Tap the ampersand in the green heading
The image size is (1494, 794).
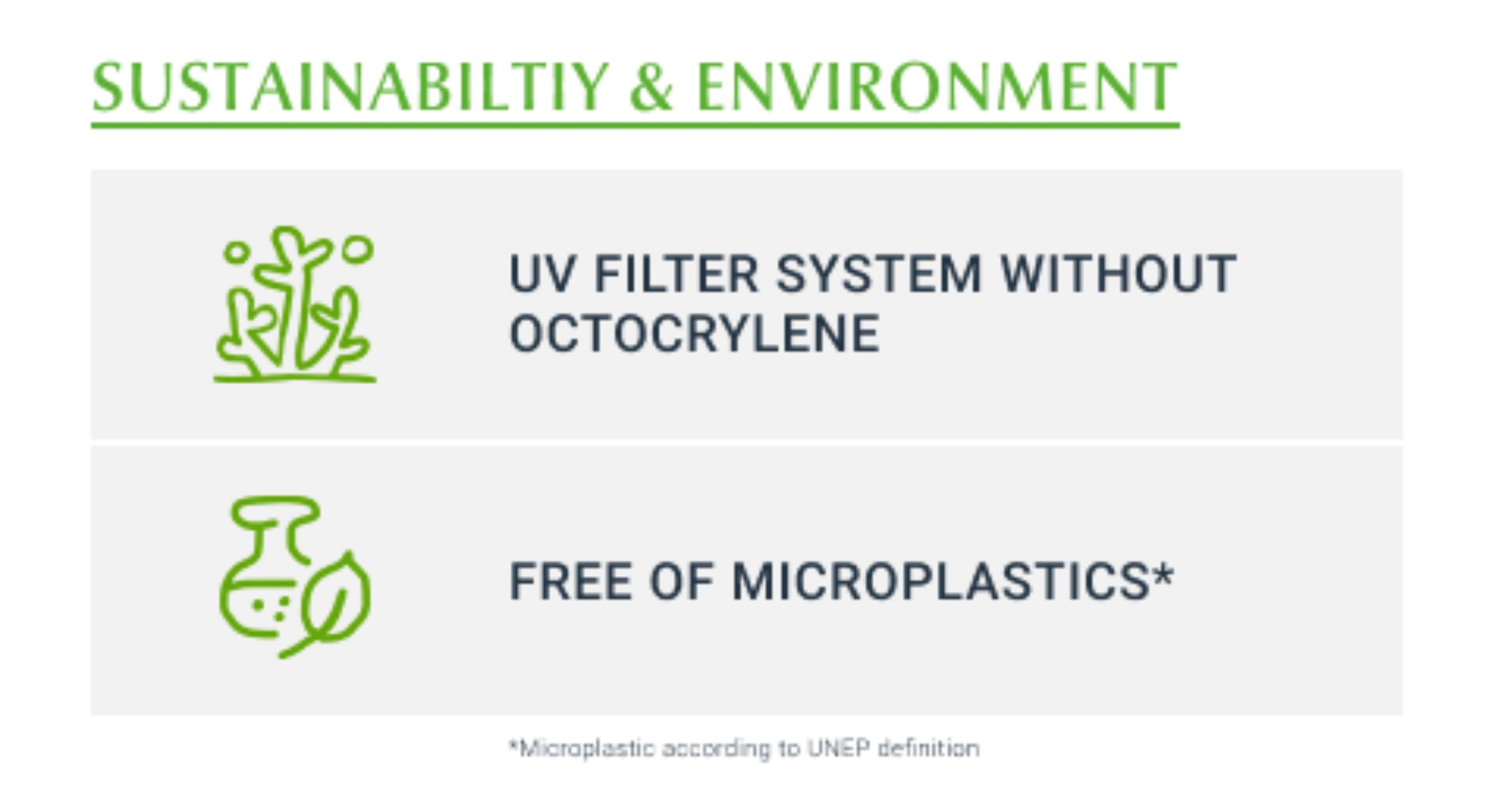tap(651, 87)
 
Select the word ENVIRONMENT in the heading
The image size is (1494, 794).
tap(937, 87)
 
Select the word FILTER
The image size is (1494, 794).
tap(676, 274)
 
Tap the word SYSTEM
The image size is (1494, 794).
tap(879, 274)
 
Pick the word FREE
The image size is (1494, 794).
tap(570, 581)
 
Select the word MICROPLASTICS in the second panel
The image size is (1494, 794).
tap(940, 581)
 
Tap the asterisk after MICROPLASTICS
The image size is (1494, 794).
tap(1162, 574)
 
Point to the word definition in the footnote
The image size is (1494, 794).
tap(929, 748)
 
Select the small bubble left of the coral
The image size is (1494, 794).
tap(236, 252)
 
